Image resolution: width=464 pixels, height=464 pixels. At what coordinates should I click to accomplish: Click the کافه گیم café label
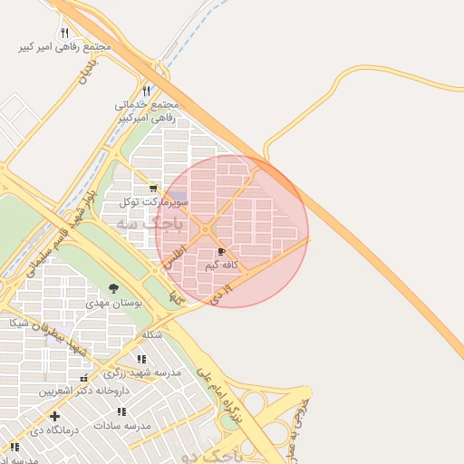[x=222, y=265]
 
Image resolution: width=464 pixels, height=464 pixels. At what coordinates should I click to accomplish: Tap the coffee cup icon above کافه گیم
[x=222, y=251]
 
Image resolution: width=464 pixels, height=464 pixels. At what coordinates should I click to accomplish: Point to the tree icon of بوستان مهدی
[x=113, y=288]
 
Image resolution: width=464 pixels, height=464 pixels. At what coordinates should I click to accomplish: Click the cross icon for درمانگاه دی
[x=55, y=416]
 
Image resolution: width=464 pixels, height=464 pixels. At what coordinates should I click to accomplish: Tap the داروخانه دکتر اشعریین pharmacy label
[x=83, y=391]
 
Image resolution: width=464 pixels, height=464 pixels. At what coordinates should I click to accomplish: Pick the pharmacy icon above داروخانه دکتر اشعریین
[x=84, y=378]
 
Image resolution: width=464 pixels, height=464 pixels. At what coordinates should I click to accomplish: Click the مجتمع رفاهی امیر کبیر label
[x=65, y=45]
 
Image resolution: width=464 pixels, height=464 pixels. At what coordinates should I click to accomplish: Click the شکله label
[x=151, y=334]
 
